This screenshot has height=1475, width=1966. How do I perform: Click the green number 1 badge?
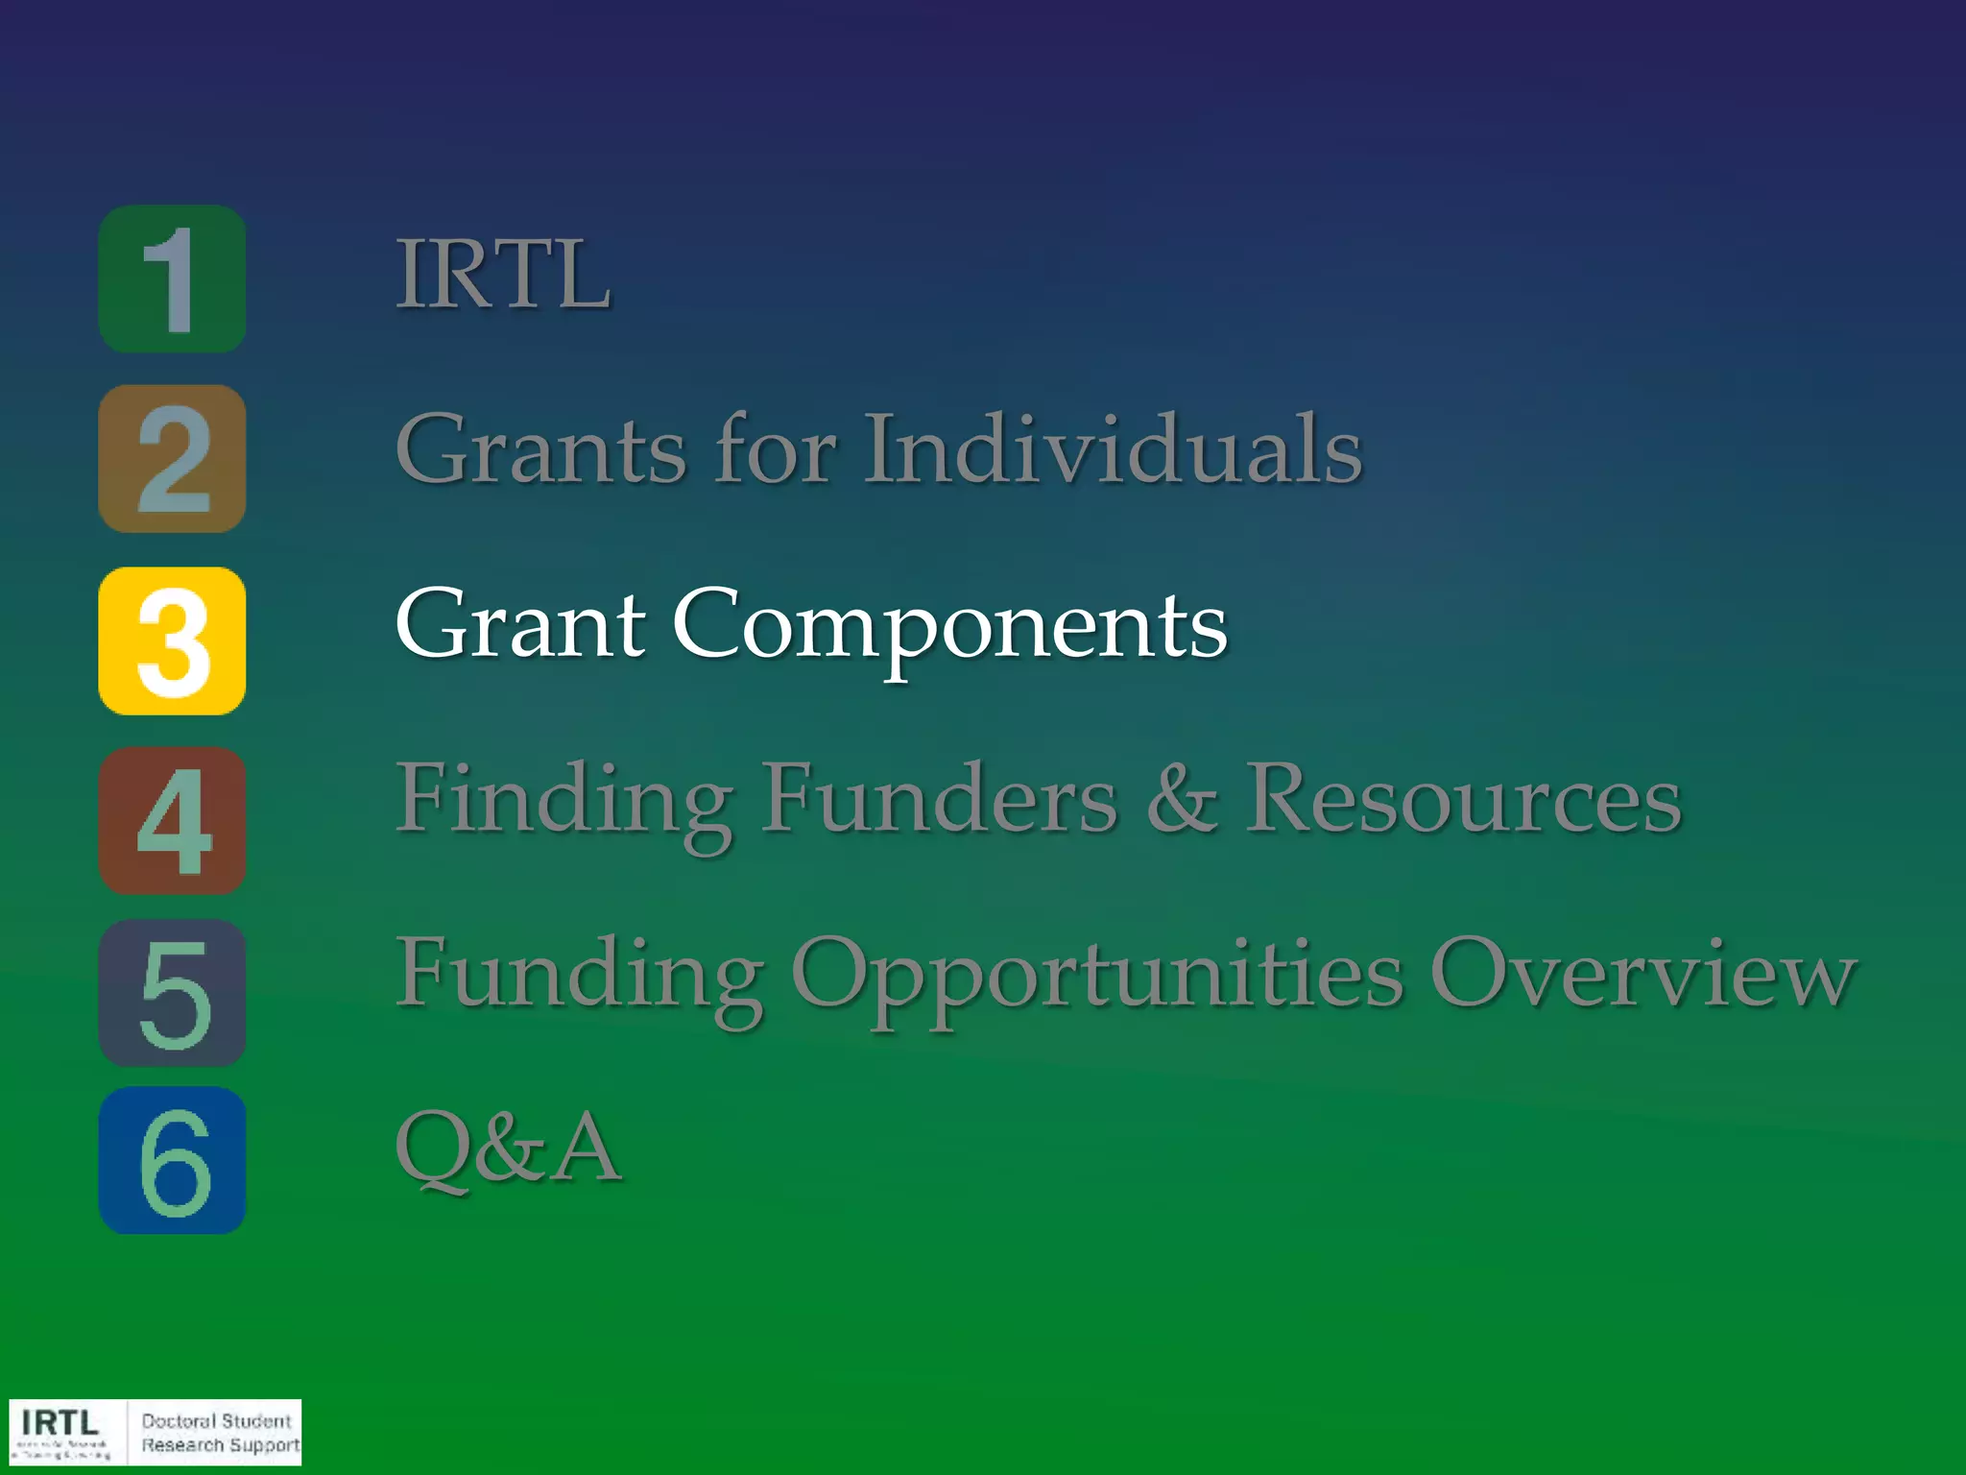point(172,278)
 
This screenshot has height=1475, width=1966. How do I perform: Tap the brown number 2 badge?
point(172,459)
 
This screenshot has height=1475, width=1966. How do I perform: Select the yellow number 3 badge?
point(172,641)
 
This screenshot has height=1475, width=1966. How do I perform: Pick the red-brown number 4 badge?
point(172,820)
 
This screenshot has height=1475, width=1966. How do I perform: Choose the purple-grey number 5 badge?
point(172,992)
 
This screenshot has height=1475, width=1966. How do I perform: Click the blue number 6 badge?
point(172,1160)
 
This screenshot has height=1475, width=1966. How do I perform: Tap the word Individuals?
point(1114,448)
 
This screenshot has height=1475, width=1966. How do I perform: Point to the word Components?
point(949,626)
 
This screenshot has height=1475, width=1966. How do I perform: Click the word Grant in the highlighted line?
point(519,624)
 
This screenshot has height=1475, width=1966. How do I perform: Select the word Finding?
point(564,800)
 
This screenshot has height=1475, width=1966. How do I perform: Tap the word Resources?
point(1463,799)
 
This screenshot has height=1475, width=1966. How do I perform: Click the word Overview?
point(1642,974)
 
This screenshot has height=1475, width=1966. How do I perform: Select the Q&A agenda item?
point(508,1147)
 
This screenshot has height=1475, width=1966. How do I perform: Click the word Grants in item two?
point(540,448)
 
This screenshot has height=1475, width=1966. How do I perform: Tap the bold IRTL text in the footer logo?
point(60,1421)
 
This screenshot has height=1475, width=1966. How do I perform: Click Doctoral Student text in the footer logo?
point(216,1420)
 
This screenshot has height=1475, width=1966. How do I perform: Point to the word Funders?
point(940,799)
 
